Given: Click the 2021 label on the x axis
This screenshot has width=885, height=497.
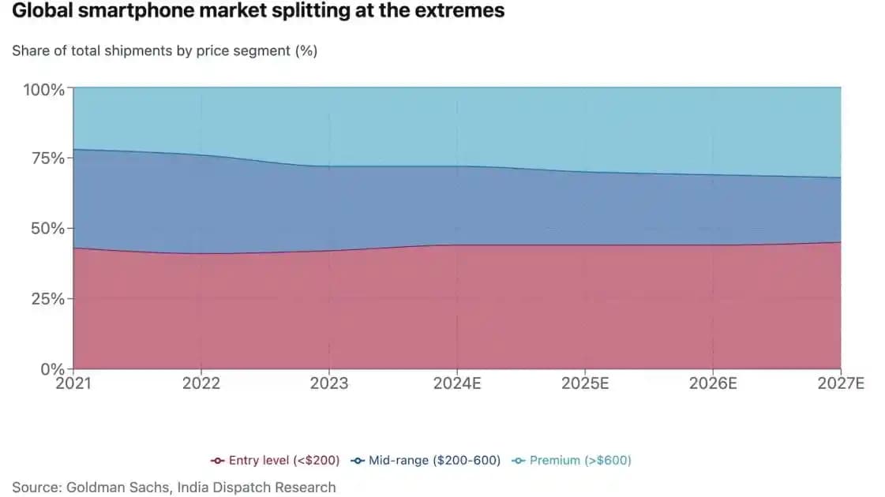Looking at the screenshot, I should pyautogui.click(x=73, y=383).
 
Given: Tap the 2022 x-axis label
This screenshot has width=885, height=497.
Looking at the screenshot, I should pyautogui.click(x=201, y=383).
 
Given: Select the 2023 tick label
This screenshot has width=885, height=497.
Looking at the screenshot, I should pyautogui.click(x=329, y=383).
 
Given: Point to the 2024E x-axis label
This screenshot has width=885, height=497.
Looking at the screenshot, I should pyautogui.click(x=457, y=383).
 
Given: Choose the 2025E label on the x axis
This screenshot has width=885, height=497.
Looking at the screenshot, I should pyautogui.click(x=585, y=383).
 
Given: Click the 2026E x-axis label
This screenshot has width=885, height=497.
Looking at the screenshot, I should pyautogui.click(x=713, y=383).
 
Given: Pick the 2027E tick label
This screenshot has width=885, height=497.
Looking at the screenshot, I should pyautogui.click(x=841, y=383).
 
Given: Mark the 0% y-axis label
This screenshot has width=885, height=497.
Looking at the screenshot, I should pyautogui.click(x=52, y=368).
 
